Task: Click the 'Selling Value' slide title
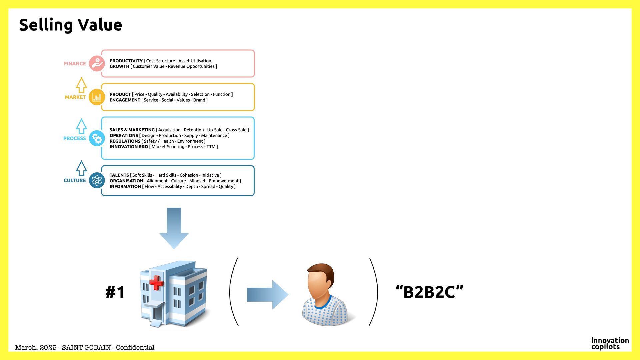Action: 71,25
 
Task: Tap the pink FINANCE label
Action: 75,64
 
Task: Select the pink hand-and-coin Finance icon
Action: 97,63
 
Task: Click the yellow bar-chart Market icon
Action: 97,97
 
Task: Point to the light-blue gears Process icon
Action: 97,138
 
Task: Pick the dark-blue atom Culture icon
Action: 97,180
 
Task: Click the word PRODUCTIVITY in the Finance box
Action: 126,61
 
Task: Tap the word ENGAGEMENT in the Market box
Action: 125,100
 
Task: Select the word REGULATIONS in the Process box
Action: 125,141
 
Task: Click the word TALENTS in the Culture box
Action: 119,175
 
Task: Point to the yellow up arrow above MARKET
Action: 81,85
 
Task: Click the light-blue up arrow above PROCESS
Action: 81,126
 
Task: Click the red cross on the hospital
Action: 156,283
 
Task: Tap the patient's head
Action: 320,282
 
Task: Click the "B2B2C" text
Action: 429,292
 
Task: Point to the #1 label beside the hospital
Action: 115,292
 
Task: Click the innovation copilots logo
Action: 610,343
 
